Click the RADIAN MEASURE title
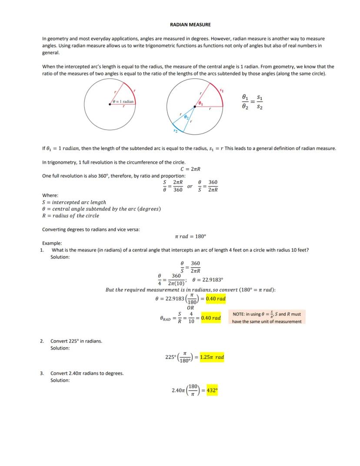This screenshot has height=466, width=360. [x=190, y=25]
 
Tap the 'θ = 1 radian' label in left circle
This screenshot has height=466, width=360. [x=123, y=101]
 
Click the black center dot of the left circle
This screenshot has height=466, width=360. [x=110, y=104]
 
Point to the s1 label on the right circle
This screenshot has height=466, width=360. [x=221, y=91]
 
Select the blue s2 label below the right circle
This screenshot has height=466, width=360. [x=175, y=130]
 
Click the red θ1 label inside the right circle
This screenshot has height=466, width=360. [x=200, y=103]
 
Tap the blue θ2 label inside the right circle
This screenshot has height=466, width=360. [x=186, y=117]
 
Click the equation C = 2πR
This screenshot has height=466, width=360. [x=190, y=169]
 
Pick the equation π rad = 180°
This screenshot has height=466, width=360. [x=190, y=236]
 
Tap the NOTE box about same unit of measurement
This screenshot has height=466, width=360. [x=267, y=318]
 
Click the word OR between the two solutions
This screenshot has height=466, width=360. [x=190, y=308]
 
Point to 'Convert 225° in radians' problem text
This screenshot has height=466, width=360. [x=76, y=341]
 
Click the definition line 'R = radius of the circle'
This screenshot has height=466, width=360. [x=70, y=215]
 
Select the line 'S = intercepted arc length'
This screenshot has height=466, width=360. [x=74, y=202]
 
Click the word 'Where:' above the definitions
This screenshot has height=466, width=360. [x=50, y=195]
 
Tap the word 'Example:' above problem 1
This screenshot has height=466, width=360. [x=52, y=243]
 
